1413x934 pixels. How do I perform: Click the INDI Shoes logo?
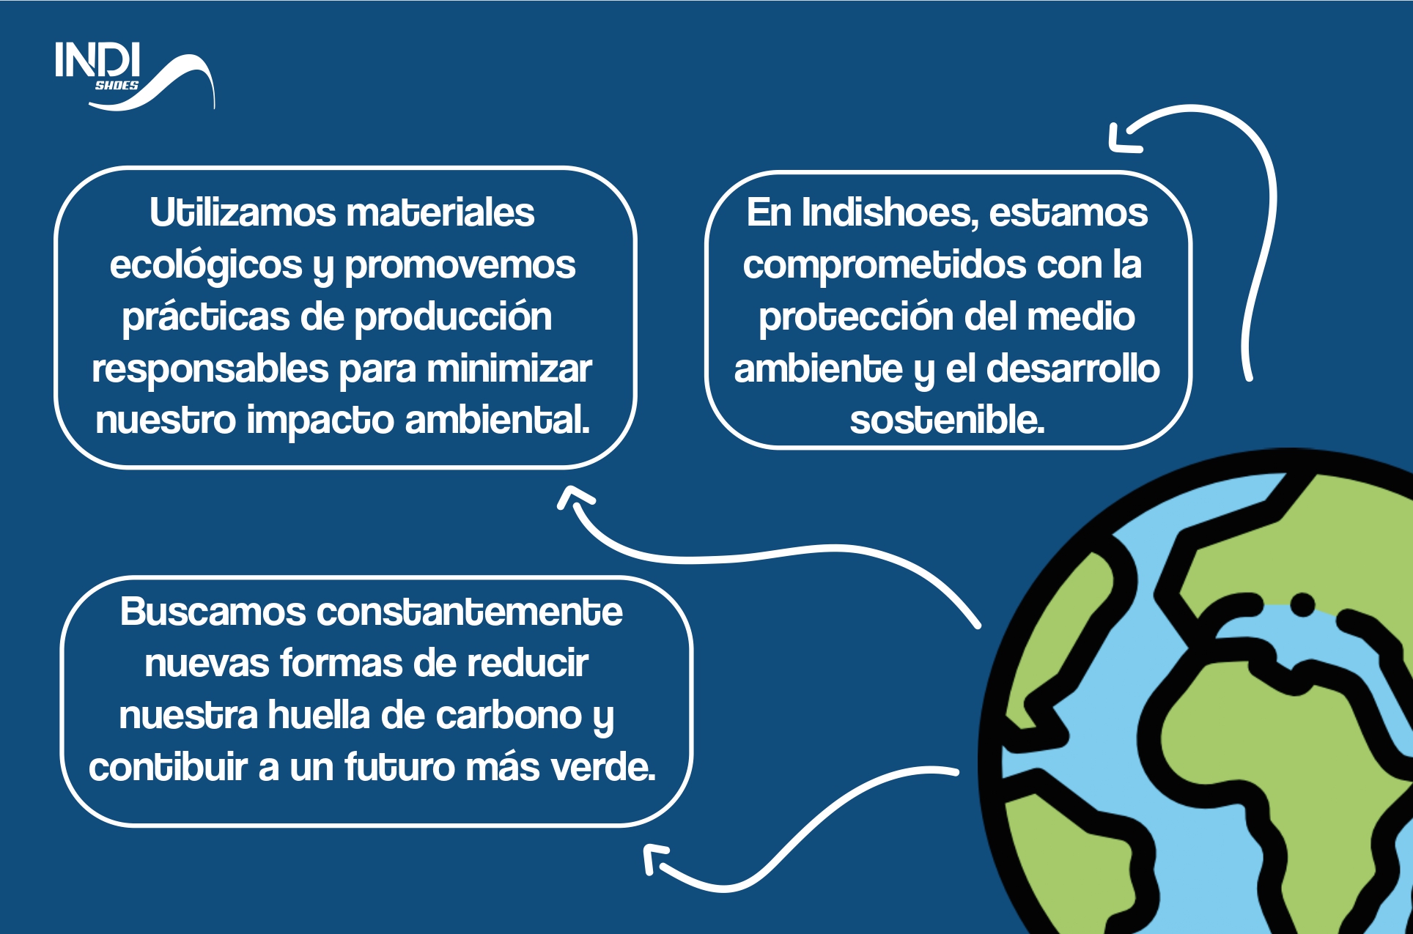(x=135, y=76)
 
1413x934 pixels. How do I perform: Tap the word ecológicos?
(x=206, y=265)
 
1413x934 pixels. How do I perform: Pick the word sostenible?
(x=947, y=420)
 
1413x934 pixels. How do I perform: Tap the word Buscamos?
(x=213, y=612)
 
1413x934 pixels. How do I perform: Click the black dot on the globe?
(x=1302, y=605)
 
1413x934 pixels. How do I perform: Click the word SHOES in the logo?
(x=117, y=85)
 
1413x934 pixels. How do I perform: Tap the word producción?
(x=454, y=317)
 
